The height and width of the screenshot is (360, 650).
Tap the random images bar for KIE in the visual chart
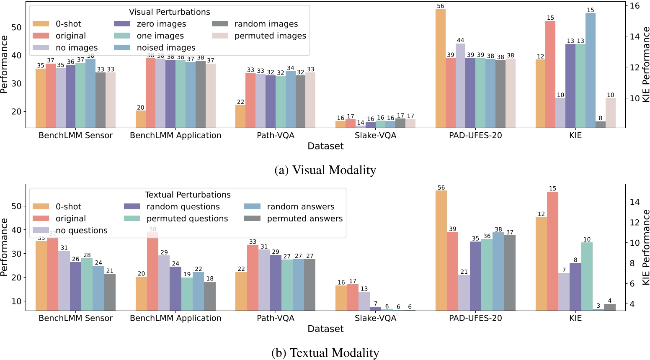600,124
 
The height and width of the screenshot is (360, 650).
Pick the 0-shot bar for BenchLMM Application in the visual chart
141,119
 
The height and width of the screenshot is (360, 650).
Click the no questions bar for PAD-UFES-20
464,293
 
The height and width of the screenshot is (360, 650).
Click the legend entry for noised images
166,48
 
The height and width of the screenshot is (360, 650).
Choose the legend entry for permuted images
270,36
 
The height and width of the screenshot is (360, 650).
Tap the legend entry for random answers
300,207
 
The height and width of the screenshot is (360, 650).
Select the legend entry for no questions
81,231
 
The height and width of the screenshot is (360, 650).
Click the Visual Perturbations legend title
169,12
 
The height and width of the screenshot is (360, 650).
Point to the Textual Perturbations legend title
188,195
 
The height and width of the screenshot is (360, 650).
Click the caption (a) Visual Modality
325,170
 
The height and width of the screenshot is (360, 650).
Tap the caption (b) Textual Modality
325,353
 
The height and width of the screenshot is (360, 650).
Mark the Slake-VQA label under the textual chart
375,318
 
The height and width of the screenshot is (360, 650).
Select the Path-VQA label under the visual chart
276,135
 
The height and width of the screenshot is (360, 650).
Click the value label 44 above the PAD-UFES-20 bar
460,41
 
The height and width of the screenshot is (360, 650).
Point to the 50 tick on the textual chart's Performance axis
16,206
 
